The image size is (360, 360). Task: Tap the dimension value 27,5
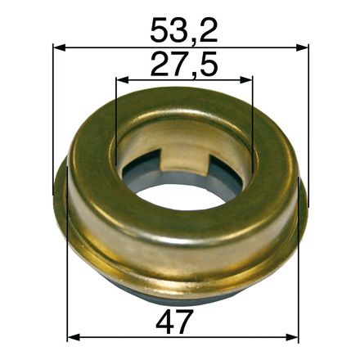184,64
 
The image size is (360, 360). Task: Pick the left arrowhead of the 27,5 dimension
122,80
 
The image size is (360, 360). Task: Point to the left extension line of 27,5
117,115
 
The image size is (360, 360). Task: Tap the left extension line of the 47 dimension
68,303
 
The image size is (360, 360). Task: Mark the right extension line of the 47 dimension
298,303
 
